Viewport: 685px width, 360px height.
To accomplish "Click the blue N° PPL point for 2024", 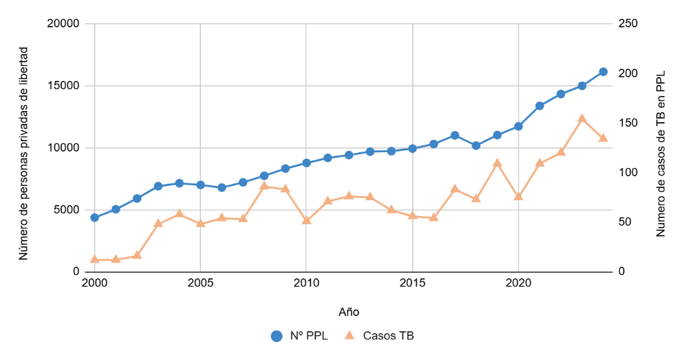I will coord(603,71).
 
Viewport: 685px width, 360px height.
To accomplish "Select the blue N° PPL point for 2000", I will coord(95,217).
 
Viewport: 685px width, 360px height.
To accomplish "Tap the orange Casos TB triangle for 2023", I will coord(582,119).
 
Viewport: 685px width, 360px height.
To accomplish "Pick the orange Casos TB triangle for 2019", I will coord(497,163).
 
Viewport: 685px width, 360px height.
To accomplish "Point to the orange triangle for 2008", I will coord(264,186).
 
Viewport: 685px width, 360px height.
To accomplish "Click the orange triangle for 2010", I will coord(307,221).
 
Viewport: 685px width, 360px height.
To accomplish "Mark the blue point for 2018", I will coord(476,145).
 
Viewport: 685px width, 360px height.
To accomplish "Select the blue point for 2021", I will coord(540,106).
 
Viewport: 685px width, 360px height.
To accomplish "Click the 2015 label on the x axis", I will coord(413,283).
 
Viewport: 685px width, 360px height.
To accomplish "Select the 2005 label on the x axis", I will coord(200,283).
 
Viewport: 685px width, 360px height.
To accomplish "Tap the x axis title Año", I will coord(349,311).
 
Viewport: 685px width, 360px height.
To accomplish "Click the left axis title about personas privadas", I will coord(23,154).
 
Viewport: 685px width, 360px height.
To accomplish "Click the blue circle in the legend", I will coord(276,336).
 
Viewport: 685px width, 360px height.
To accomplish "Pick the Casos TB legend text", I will coord(388,336).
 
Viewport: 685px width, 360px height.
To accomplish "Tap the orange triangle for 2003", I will coord(158,224).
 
